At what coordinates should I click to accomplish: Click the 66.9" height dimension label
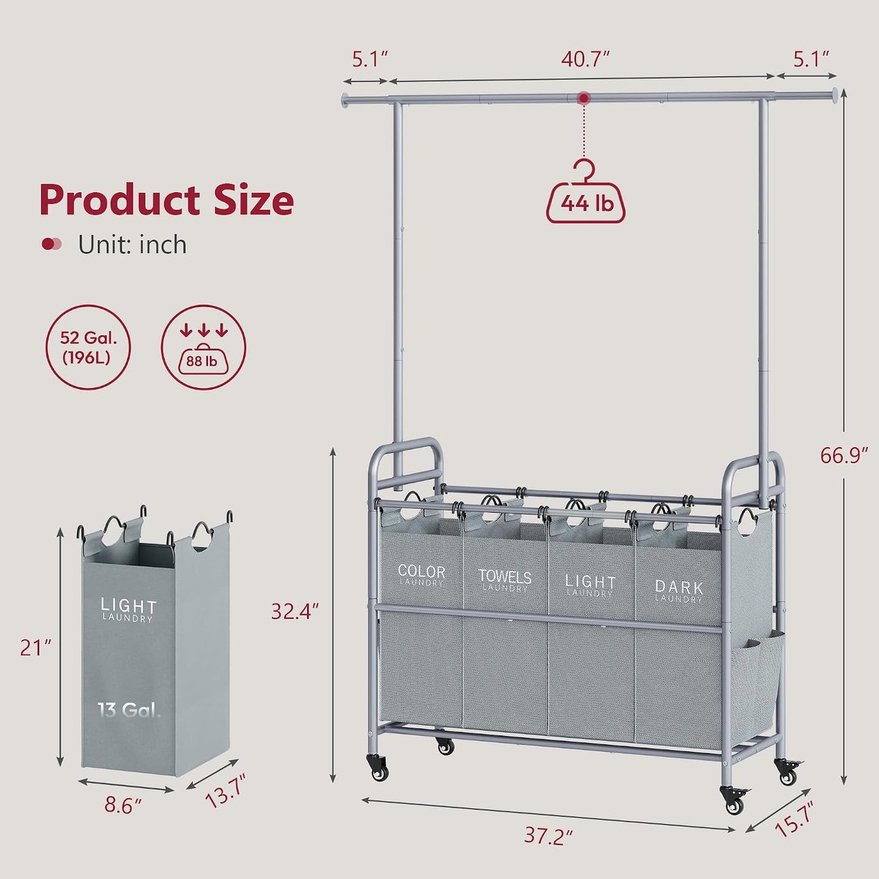click(844, 455)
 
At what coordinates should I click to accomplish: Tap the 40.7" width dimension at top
click(586, 60)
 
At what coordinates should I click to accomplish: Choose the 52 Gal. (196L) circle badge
click(88, 347)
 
